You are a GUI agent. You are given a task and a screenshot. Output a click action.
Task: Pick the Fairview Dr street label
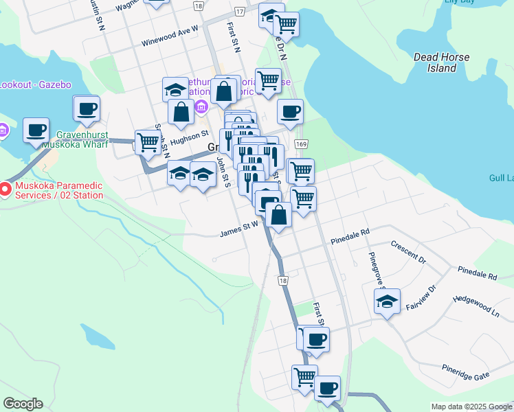[x=421, y=297]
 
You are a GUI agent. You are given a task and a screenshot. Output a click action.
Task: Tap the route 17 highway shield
[x=239, y=12]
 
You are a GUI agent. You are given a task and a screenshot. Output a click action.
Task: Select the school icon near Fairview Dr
[x=388, y=301]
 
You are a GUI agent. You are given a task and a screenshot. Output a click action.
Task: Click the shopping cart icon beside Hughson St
[x=148, y=142]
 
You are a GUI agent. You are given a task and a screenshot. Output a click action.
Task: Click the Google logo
[x=23, y=404]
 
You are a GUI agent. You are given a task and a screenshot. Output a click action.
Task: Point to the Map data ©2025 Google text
[x=471, y=407]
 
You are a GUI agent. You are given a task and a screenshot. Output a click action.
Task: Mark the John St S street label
[x=223, y=172]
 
